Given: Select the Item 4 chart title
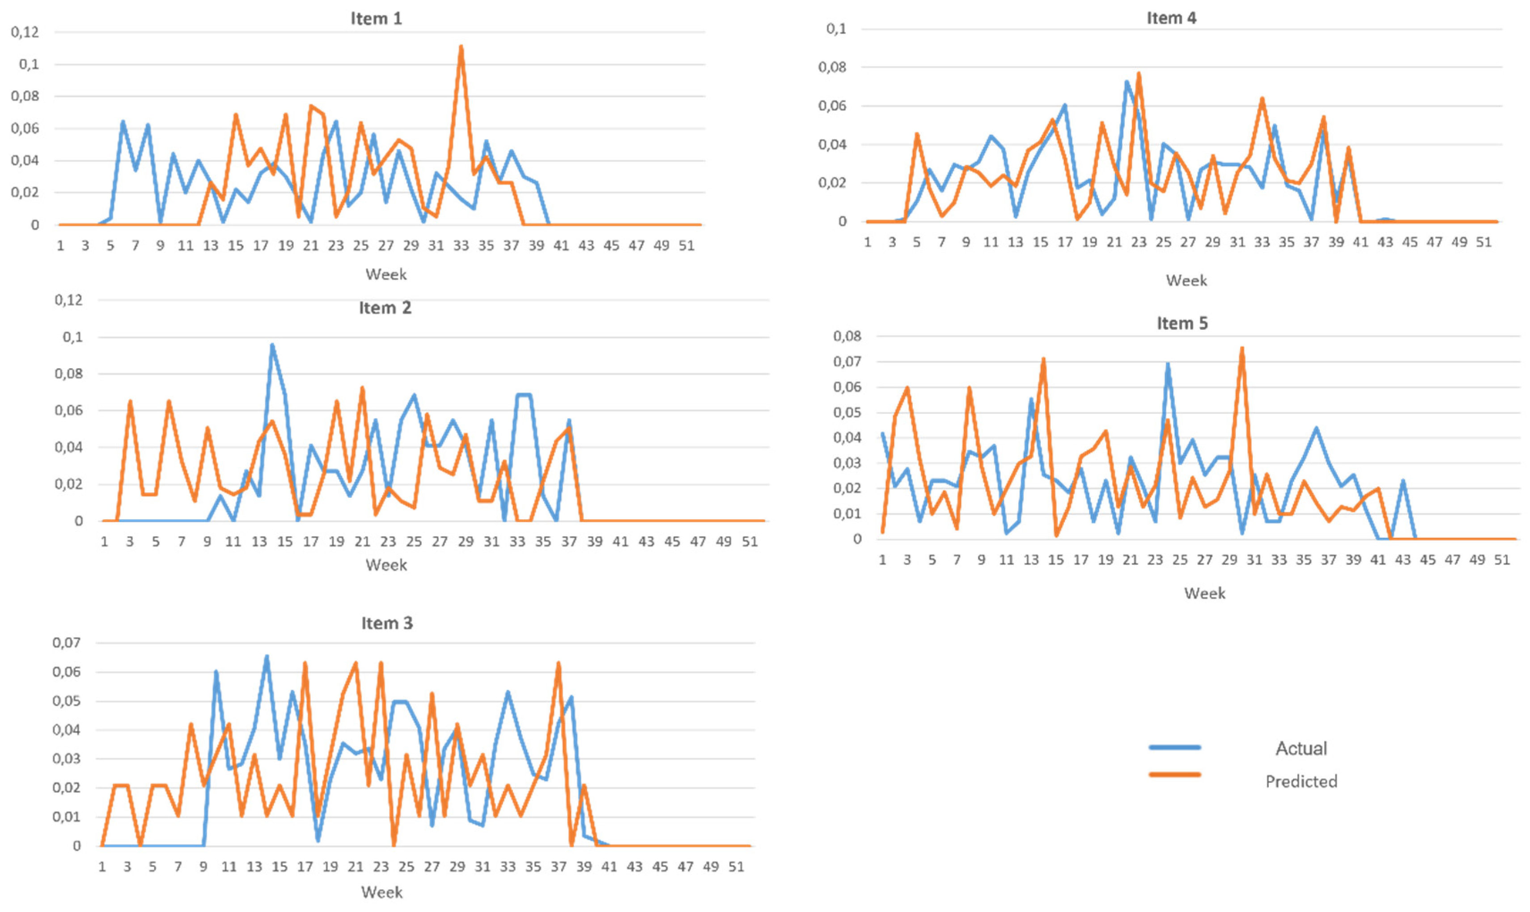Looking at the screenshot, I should tap(1171, 18).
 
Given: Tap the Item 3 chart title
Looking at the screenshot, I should tap(386, 623).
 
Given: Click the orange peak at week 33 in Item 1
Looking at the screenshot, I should tap(461, 47).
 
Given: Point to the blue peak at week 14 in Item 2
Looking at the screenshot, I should tap(272, 345).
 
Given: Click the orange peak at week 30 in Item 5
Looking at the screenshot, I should tap(1242, 349).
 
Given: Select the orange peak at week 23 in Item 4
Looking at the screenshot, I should tap(1139, 74).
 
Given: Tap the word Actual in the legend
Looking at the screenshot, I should tap(1301, 748).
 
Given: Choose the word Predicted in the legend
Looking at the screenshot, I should tap(1301, 782).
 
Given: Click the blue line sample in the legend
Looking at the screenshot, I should tap(1174, 747).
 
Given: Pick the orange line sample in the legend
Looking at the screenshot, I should tap(1174, 774).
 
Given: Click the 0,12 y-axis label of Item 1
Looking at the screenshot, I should tap(25, 32).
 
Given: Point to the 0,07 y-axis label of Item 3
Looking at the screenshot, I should tap(66, 643).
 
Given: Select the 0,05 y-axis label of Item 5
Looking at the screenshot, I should tap(847, 412).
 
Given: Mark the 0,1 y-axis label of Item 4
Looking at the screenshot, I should tap(836, 29).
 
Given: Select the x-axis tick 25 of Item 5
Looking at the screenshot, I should tap(1179, 560).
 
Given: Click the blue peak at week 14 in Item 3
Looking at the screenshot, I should tap(266, 656).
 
